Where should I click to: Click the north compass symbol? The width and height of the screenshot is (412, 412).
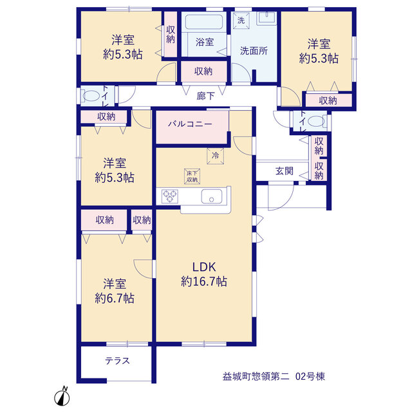pyautogui.click(x=62, y=396)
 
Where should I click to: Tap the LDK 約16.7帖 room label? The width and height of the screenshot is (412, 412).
pyautogui.click(x=204, y=274)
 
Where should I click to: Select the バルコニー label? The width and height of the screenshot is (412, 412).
pyautogui.click(x=190, y=124)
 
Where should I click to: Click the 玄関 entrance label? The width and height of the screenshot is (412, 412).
pyautogui.click(x=285, y=171)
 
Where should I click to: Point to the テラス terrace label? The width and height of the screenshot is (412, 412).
pyautogui.click(x=117, y=360)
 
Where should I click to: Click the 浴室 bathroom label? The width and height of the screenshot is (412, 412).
pyautogui.click(x=205, y=42)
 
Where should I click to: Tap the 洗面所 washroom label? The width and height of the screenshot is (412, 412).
pyautogui.click(x=254, y=51)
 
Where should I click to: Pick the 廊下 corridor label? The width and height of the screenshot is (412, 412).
pyautogui.click(x=205, y=96)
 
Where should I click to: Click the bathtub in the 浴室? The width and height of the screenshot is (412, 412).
pyautogui.click(x=204, y=22)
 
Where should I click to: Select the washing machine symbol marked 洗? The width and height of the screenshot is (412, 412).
pyautogui.click(x=241, y=20)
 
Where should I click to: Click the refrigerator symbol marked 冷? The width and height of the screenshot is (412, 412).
pyautogui.click(x=215, y=156)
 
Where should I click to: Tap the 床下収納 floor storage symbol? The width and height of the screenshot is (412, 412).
pyautogui.click(x=192, y=176)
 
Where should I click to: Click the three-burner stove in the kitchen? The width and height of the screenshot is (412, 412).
pyautogui.click(x=169, y=196)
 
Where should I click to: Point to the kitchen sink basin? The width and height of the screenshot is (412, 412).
pyautogui.click(x=212, y=196)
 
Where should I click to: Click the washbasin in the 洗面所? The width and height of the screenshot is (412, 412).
pyautogui.click(x=266, y=17)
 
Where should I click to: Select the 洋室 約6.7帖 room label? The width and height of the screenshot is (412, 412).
pyautogui.click(x=115, y=291)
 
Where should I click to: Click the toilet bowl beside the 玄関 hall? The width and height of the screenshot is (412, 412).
pyautogui.click(x=316, y=122)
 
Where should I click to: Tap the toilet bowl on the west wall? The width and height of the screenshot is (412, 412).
pyautogui.click(x=91, y=96)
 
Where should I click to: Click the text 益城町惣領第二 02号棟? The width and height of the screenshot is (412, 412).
pyautogui.click(x=274, y=377)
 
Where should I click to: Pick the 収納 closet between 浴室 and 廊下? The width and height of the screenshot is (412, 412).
pyautogui.click(x=203, y=71)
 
